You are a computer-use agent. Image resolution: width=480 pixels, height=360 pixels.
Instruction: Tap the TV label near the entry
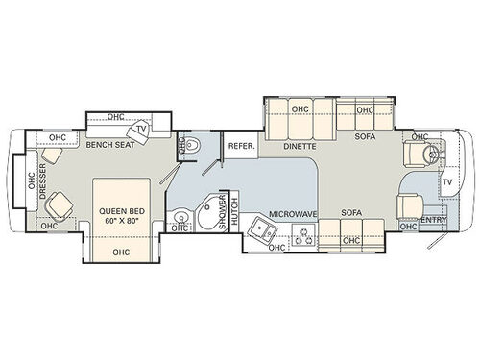447,182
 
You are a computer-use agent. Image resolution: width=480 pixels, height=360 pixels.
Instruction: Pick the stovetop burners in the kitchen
300,232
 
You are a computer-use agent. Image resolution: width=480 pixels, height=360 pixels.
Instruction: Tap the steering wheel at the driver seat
434,154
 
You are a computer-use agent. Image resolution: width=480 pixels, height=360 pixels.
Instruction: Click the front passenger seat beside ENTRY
408,204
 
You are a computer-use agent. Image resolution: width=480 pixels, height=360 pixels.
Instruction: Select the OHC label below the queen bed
120,252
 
